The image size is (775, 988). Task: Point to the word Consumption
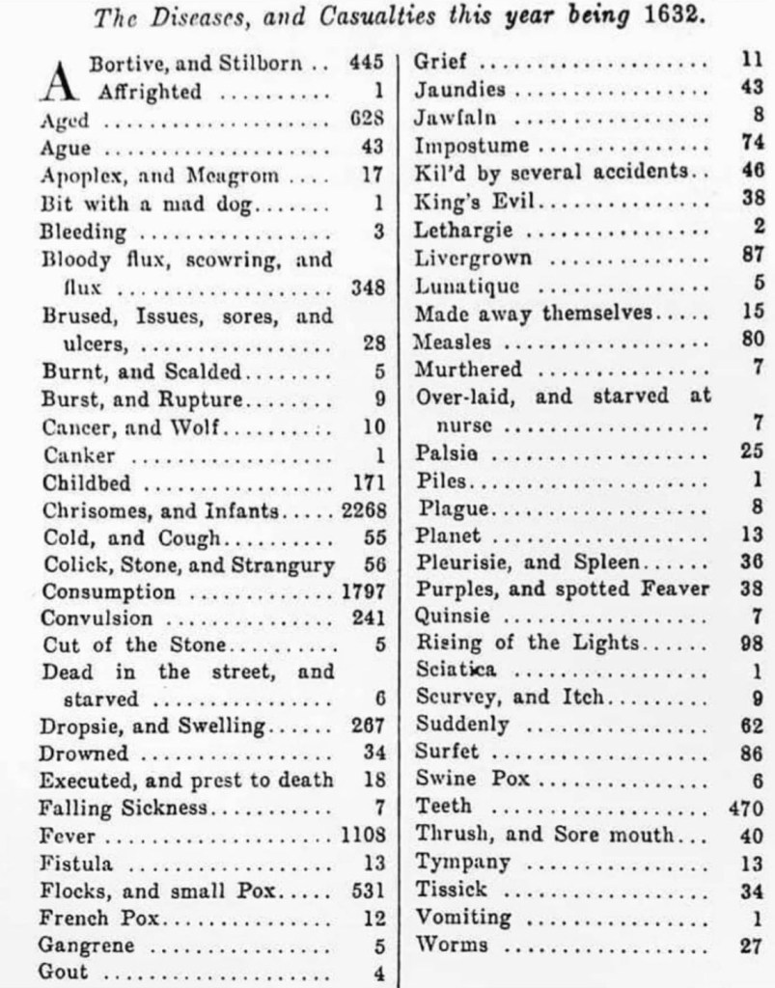click(109, 591)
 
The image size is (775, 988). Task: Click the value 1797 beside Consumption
click(363, 591)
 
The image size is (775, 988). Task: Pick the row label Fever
click(68, 835)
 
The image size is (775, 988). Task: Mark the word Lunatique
click(467, 286)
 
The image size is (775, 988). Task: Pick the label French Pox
click(98, 917)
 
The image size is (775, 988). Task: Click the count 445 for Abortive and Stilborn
click(368, 64)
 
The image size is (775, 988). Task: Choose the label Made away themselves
click(535, 314)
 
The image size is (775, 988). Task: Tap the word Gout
click(64, 972)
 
